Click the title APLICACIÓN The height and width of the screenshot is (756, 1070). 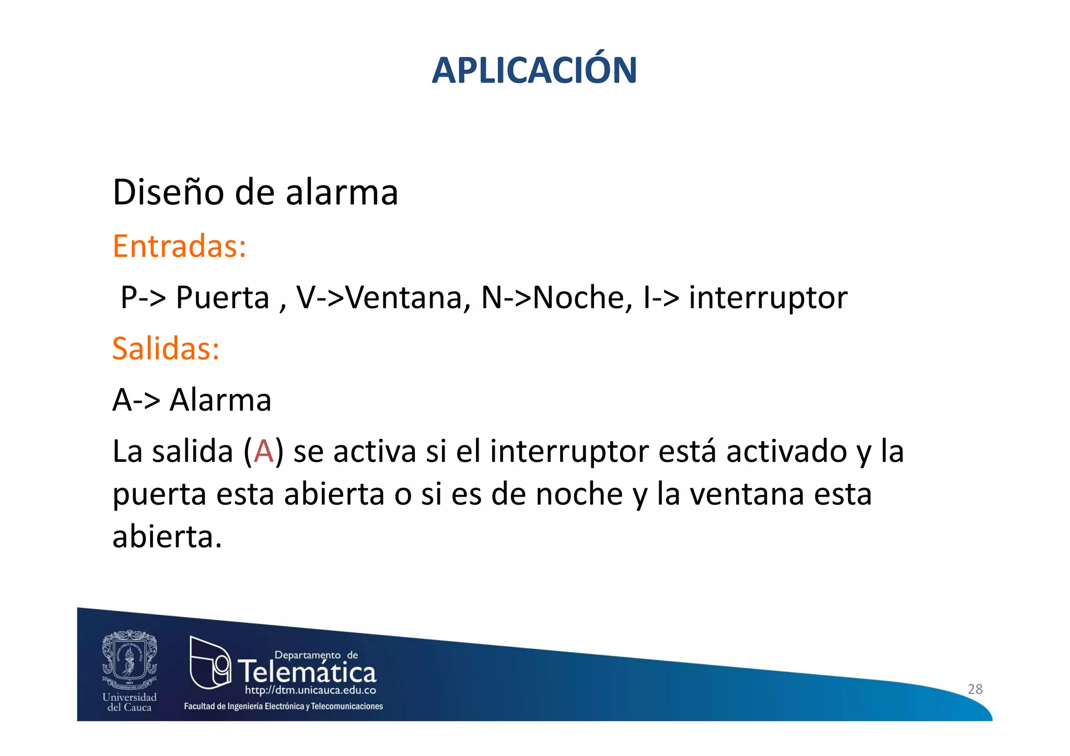click(534, 70)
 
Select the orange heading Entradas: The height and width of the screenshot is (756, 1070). click(179, 246)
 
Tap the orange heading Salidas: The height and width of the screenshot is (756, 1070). click(166, 348)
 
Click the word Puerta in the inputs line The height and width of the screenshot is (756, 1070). click(222, 298)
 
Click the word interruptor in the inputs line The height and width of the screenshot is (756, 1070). click(768, 298)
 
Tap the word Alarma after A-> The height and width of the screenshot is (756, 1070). click(220, 401)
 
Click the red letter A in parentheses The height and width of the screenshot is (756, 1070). click(263, 451)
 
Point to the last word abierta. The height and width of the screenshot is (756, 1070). click(167, 537)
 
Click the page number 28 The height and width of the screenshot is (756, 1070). click(975, 689)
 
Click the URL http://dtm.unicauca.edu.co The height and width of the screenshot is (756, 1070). click(310, 690)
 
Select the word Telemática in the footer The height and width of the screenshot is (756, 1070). click(307, 672)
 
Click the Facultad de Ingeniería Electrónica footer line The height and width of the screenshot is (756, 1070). click(283, 706)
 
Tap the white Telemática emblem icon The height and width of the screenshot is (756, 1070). click(210, 662)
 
